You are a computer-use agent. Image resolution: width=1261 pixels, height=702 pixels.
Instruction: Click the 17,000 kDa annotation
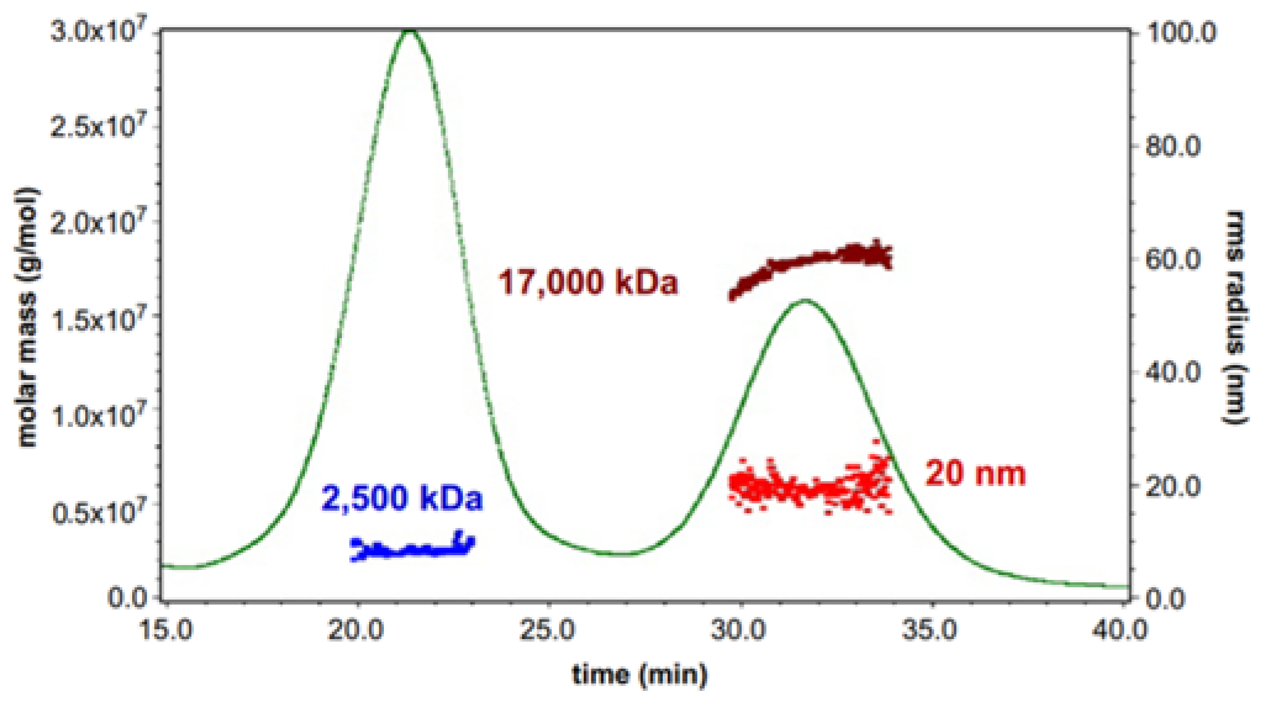click(588, 283)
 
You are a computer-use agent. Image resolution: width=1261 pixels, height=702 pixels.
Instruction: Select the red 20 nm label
click(975, 474)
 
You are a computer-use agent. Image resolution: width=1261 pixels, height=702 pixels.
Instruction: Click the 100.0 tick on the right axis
click(1179, 32)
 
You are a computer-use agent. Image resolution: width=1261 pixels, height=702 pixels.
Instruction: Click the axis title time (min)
click(639, 674)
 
